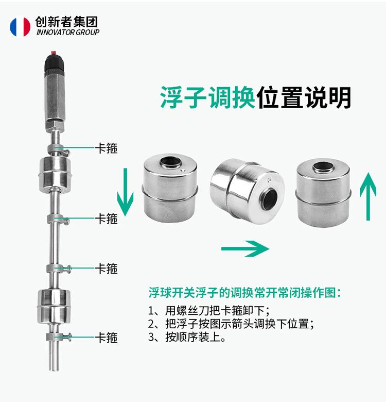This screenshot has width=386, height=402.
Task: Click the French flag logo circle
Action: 20,26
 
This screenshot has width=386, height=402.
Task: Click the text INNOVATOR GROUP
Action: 68,32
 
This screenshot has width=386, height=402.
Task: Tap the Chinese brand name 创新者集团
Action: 66,22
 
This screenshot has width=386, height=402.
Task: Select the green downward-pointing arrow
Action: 125,192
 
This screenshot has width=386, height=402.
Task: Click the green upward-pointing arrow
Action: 368,196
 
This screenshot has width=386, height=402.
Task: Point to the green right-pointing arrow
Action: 245,248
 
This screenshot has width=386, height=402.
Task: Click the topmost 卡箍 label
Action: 106,148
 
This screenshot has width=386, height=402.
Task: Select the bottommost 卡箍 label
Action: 106,338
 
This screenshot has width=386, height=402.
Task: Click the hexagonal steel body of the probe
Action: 55,101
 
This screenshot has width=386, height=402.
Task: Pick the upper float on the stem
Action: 55,174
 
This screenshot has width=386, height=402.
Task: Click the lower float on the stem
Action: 54,306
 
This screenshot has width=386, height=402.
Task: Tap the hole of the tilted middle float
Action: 269,198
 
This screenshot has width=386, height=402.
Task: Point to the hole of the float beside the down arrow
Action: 170,162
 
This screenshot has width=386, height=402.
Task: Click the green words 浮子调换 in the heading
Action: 207,97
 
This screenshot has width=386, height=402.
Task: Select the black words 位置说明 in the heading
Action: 304,97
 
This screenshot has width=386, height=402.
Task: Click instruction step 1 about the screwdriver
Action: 209,310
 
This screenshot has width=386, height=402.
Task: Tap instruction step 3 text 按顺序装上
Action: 187,337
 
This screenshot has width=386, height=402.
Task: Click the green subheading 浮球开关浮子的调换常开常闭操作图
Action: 244,293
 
